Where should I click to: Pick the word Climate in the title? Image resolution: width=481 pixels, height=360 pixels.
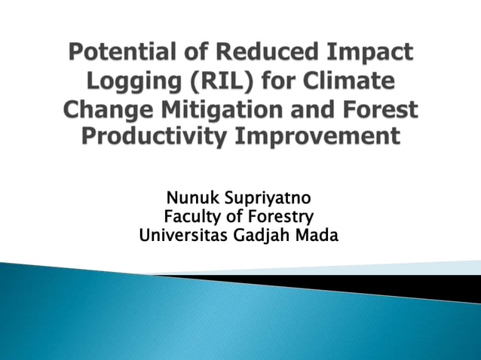(x=354, y=81)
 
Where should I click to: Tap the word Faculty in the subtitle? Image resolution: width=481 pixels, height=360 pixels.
(x=193, y=218)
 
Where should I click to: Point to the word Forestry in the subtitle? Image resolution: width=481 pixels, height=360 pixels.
(x=281, y=218)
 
